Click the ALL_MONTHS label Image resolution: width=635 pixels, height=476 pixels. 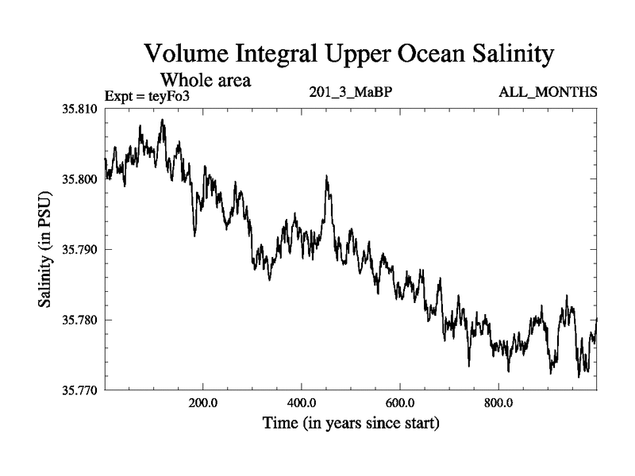pyautogui.click(x=548, y=94)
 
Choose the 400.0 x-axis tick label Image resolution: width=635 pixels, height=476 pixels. pyautogui.click(x=302, y=403)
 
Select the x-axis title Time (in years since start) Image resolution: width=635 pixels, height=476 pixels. pyautogui.click(x=351, y=424)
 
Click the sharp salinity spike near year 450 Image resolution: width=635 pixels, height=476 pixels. pyautogui.click(x=326, y=178)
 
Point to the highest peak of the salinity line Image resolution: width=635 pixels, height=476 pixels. pyautogui.click(x=163, y=121)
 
